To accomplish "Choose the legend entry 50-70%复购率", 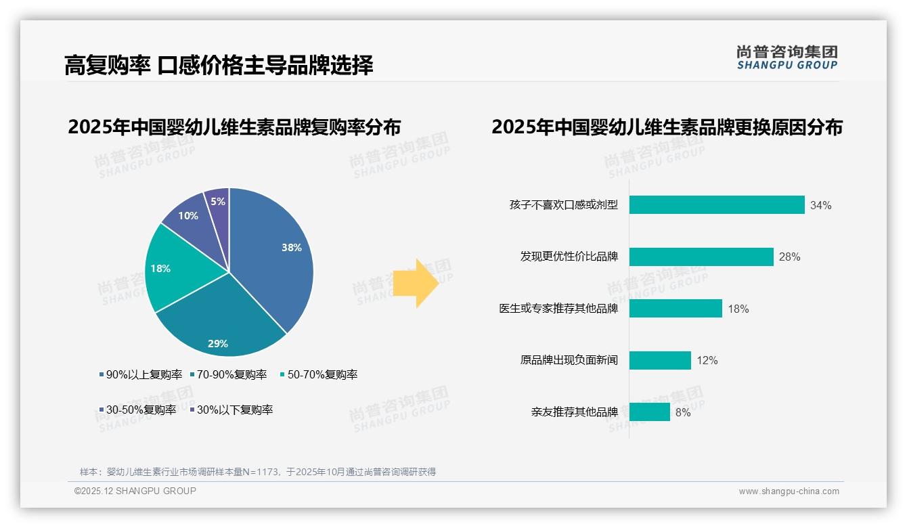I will click(x=319, y=374).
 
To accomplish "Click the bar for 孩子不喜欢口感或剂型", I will click(x=717, y=205).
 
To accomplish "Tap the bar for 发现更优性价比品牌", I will click(x=701, y=257).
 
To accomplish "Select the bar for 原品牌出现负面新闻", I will click(x=660, y=360).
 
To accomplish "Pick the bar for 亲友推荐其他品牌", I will click(x=650, y=412).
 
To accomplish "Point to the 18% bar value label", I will click(x=738, y=309).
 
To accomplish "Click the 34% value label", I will click(x=820, y=205).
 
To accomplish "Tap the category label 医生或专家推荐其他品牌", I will click(x=558, y=309).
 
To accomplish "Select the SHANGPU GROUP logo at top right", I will click(x=787, y=58).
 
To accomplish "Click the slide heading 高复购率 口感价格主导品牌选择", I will click(x=219, y=66).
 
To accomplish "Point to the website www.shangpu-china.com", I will click(x=789, y=491).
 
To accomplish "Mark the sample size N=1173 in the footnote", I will click(x=261, y=472).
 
